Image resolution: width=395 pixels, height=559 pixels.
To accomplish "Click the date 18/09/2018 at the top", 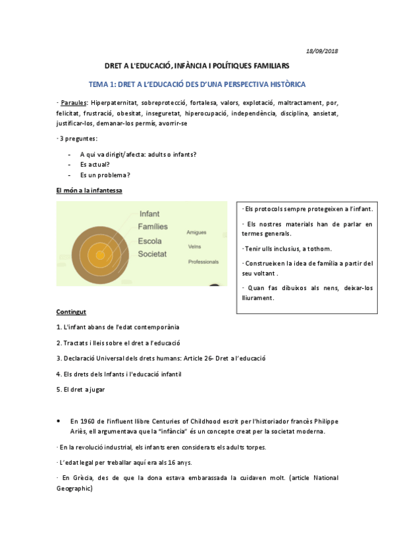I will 323,51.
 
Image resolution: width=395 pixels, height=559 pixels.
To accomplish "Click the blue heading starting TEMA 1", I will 197,85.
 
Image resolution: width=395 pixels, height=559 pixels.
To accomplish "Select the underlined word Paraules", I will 73,103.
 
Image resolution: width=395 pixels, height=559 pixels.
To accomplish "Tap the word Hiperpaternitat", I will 115,103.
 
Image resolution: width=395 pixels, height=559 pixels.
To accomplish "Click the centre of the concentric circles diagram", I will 100,255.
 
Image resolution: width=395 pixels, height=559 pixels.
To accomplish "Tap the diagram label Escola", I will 150,241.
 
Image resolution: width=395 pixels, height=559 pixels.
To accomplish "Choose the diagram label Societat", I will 153,254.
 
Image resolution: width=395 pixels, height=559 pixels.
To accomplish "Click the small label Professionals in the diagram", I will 203,262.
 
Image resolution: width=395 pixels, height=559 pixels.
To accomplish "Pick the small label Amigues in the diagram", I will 196,233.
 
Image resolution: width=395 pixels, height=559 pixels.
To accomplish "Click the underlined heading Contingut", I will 71,311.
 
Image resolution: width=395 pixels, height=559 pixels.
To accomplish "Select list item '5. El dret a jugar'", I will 80,390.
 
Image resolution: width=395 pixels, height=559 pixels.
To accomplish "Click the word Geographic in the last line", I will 74,488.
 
